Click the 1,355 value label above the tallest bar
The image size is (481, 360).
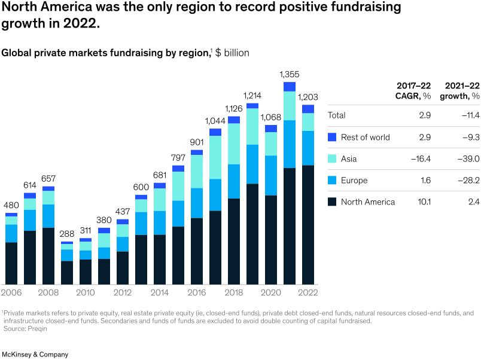[290, 75]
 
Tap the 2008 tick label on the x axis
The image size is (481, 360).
[48, 293]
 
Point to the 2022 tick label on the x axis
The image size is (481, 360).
[308, 293]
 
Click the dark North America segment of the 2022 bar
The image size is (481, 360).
[308, 224]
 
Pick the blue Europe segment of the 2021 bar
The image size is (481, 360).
[290, 144]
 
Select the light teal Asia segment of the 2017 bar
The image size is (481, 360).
[215, 157]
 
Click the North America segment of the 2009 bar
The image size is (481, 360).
[67, 272]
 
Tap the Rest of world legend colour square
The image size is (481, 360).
[333, 138]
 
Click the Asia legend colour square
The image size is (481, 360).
[333, 159]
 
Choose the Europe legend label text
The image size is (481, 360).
[354, 181]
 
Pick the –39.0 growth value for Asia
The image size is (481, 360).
[470, 159]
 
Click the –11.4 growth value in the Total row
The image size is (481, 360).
[471, 115]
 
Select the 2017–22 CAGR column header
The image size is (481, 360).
[414, 91]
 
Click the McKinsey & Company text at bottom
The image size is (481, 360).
[35, 355]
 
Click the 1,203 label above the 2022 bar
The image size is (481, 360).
[308, 97]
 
